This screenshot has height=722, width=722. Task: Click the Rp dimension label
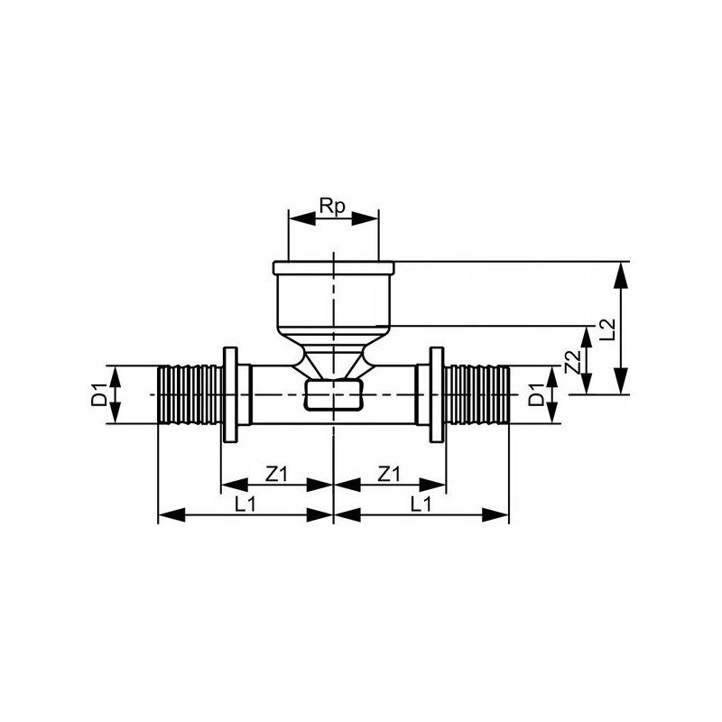(x=333, y=207)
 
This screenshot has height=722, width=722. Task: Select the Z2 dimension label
(x=572, y=363)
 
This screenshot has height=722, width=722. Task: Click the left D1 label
(x=98, y=394)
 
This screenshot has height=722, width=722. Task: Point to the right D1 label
(x=536, y=394)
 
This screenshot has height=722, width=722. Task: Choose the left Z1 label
(x=276, y=474)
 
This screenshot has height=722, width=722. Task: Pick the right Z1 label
(x=389, y=474)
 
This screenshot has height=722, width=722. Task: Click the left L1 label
(x=245, y=505)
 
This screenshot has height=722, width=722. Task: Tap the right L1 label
(x=421, y=505)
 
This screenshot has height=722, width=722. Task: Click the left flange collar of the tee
(x=230, y=394)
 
